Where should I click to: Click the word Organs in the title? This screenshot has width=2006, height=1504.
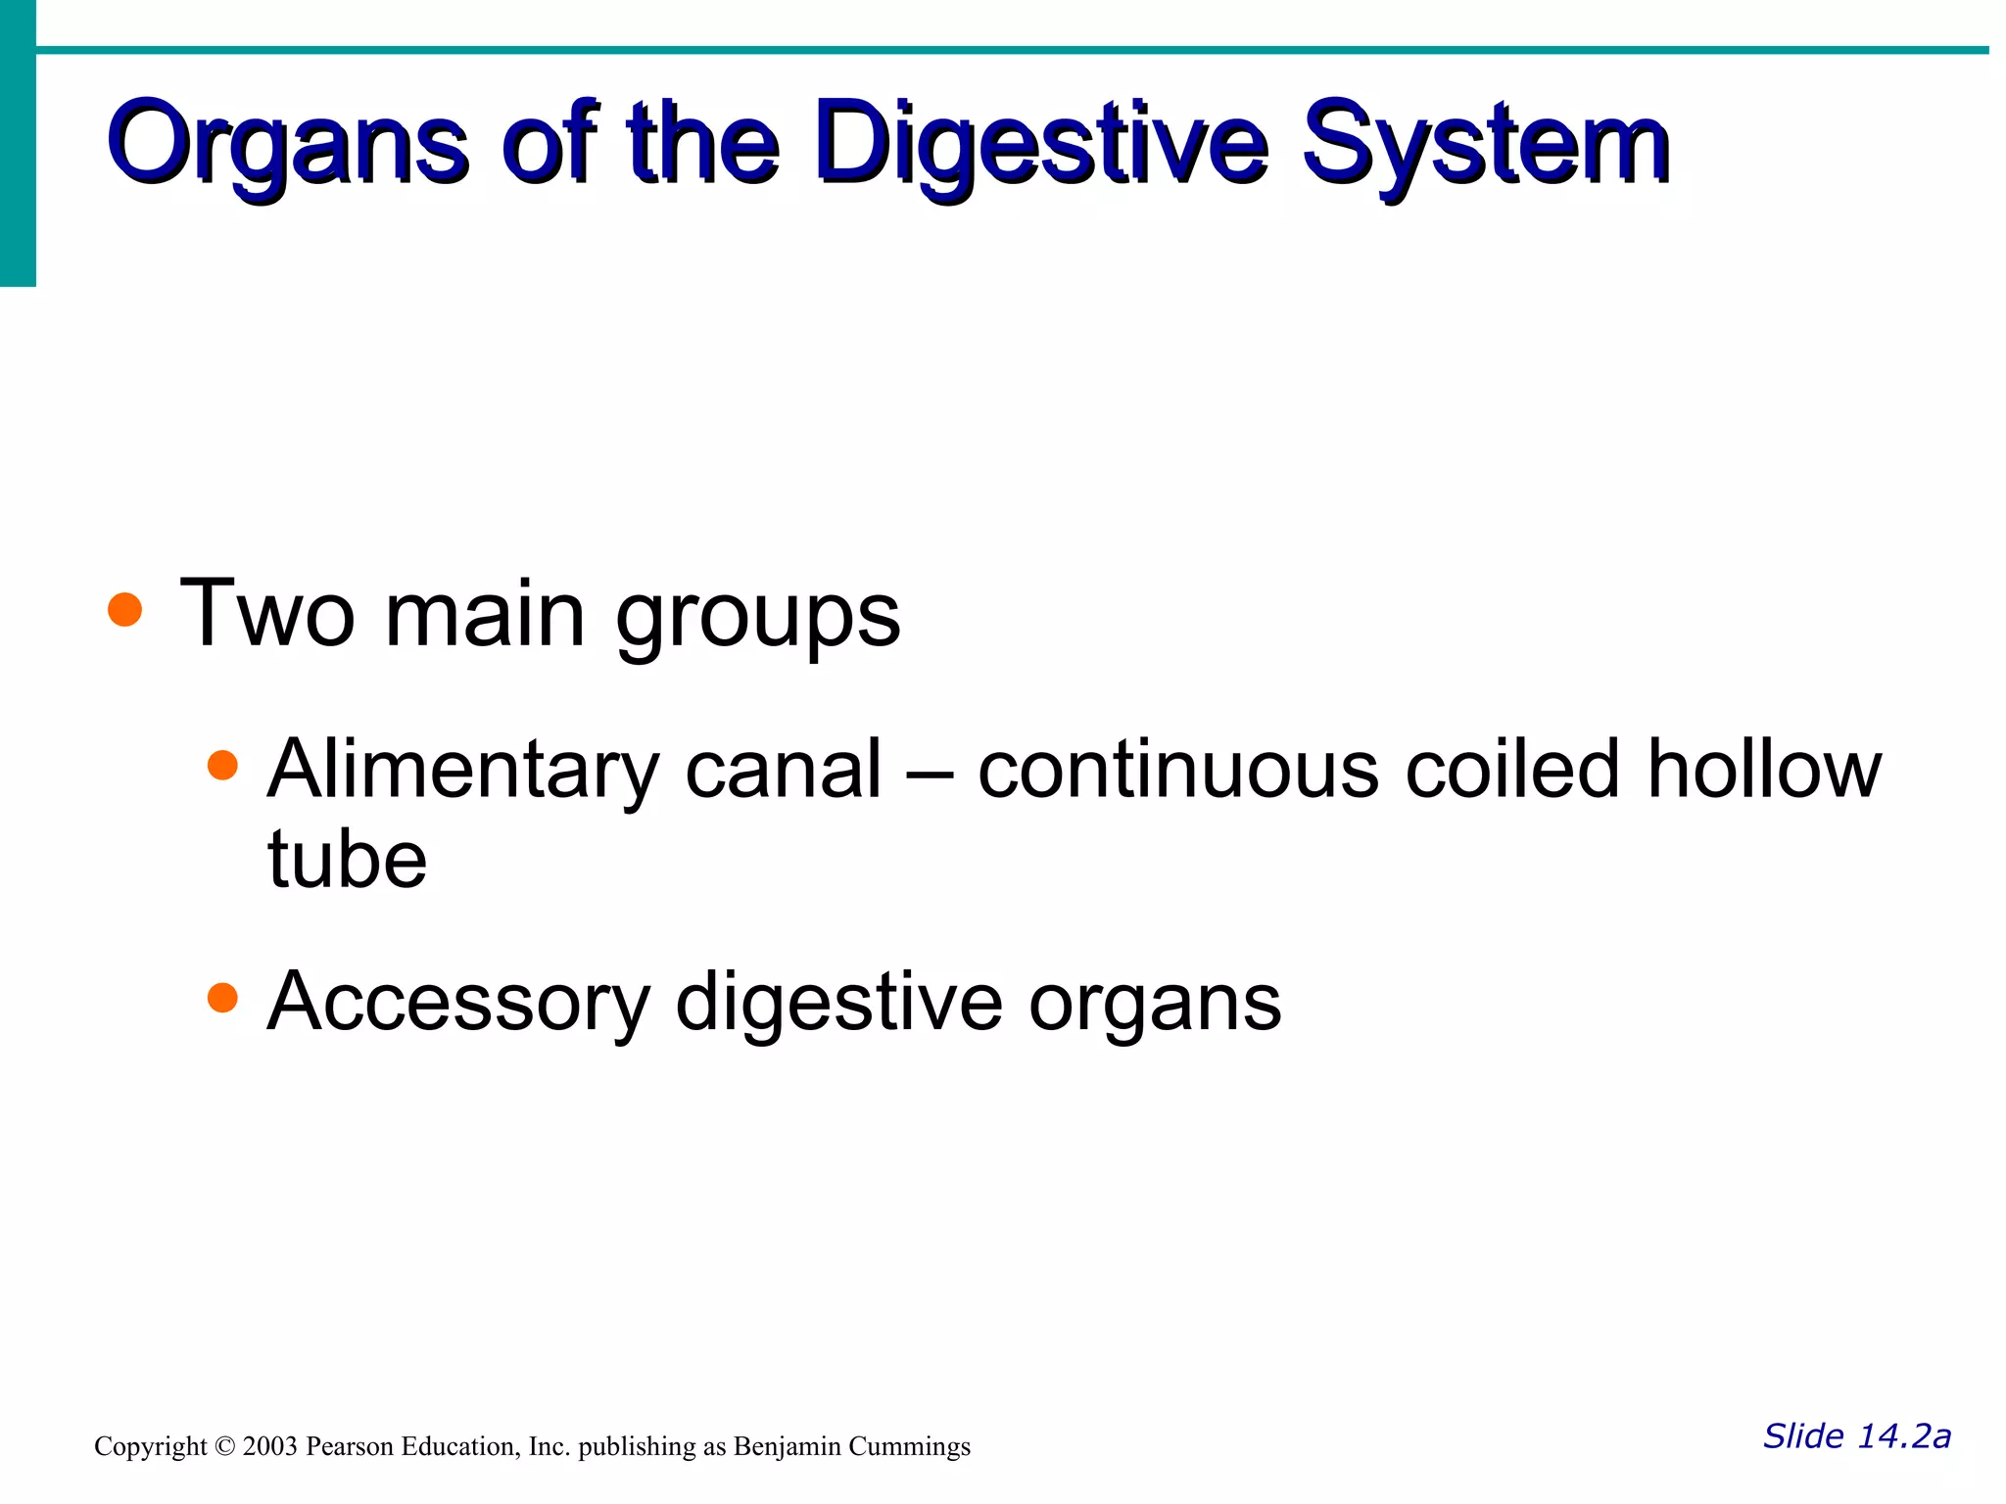(x=289, y=145)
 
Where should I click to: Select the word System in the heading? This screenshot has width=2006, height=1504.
(x=1486, y=145)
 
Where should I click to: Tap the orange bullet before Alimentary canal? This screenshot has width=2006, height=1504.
(x=223, y=765)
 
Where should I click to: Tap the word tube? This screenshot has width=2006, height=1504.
(x=347, y=860)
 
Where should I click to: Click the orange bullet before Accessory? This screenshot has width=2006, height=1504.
(x=223, y=997)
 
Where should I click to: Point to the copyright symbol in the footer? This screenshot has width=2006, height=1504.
(x=225, y=1447)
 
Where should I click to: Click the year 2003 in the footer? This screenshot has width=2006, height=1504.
(x=269, y=1447)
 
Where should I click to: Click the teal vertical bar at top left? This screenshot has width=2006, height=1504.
(x=18, y=142)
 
